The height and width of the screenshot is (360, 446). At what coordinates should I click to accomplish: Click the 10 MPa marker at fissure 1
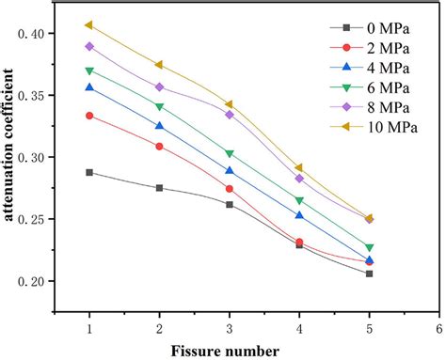pyautogui.click(x=89, y=24)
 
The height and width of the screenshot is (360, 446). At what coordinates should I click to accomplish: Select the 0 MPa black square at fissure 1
pyautogui.click(x=89, y=172)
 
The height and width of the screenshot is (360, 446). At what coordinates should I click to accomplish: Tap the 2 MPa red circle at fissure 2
pyautogui.click(x=159, y=147)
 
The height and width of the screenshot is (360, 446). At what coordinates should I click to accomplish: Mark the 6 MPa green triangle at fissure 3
pyautogui.click(x=229, y=153)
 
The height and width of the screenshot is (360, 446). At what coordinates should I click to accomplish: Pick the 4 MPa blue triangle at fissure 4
pyautogui.click(x=299, y=215)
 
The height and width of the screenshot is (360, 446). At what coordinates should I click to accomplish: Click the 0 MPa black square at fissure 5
pyautogui.click(x=369, y=274)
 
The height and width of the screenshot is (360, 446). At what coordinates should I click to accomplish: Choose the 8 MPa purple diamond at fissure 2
pyautogui.click(x=159, y=86)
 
